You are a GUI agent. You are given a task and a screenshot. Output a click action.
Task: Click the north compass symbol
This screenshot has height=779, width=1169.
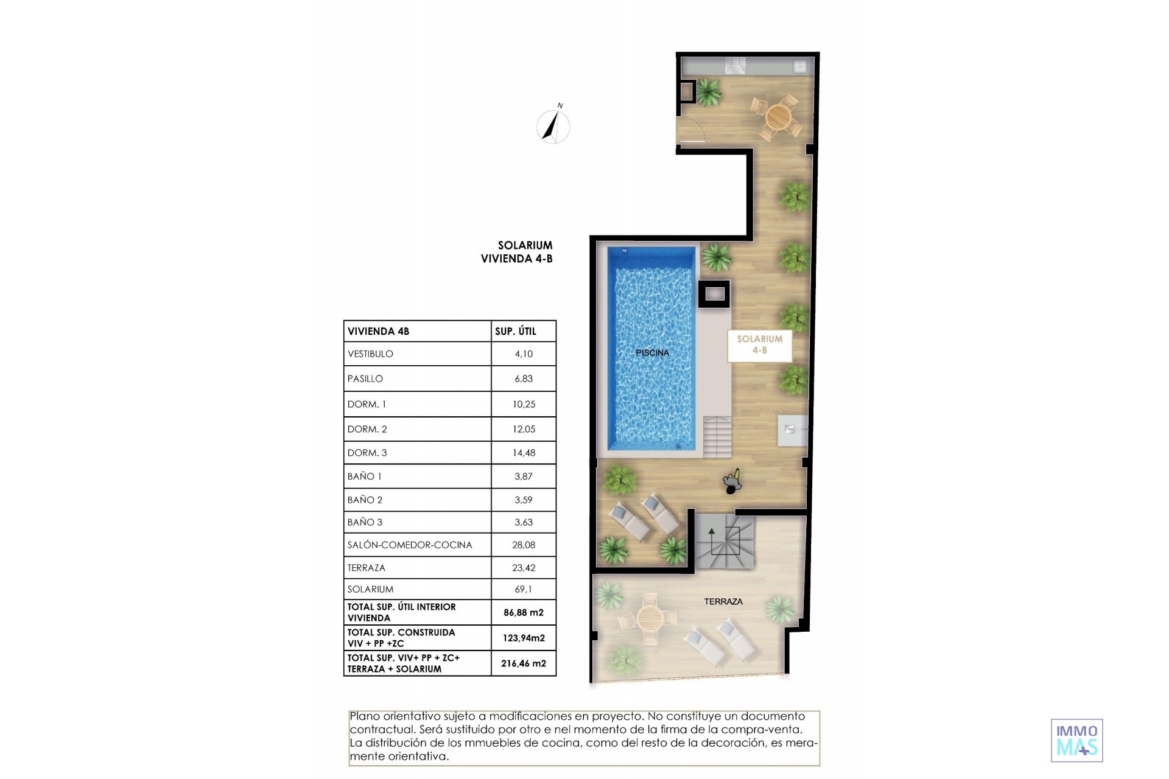553,125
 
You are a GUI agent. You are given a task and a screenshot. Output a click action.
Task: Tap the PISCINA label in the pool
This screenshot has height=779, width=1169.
652,353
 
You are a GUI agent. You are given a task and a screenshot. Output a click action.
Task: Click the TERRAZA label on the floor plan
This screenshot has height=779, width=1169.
723,601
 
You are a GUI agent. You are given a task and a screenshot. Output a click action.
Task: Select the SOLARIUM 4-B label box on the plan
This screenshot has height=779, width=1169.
760,345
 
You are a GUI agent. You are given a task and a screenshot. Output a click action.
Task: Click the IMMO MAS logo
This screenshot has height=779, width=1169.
1077,740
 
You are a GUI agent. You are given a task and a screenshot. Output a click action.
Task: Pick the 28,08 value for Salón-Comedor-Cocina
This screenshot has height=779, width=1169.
524,545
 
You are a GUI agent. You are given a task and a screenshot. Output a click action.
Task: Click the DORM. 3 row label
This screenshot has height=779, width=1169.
367,453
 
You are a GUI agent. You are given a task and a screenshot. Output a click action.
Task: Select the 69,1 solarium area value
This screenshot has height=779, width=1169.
524,589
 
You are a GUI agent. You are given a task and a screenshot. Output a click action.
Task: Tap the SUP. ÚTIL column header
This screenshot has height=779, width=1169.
516,331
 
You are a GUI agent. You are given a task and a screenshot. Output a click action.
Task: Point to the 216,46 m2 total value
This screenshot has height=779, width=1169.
524,663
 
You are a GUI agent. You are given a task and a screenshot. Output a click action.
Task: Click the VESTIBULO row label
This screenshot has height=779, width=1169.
370,354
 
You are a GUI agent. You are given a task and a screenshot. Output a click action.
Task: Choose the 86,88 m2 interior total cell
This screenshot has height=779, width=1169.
524,613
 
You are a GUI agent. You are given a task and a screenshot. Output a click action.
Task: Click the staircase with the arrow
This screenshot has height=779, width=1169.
725,542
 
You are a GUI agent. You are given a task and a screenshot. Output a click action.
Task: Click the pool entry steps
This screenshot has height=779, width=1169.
717,436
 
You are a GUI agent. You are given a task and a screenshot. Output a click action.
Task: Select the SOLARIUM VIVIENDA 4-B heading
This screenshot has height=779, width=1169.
517,252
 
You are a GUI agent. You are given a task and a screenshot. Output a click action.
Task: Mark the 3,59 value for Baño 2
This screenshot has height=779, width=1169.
524,500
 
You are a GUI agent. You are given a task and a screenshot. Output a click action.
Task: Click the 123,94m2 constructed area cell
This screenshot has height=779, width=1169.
524,638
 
